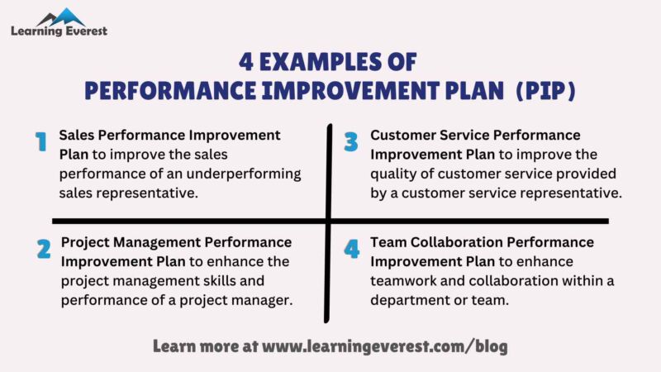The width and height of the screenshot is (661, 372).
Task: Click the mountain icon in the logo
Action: (59, 17)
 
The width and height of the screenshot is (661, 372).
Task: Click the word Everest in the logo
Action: (84, 31)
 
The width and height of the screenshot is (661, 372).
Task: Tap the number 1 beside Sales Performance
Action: (40, 143)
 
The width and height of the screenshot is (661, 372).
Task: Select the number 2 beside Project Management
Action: (43, 249)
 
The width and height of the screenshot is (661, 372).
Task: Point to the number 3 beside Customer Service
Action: (351, 142)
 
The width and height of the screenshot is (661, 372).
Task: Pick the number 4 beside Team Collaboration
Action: (352, 249)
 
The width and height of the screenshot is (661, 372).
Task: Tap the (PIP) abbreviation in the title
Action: (545, 89)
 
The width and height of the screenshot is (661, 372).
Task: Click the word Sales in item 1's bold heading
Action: (78, 135)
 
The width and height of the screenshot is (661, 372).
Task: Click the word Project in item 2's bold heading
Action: (87, 242)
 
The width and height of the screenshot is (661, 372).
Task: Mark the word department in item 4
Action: (410, 299)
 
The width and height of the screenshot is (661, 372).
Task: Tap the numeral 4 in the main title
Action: (245, 62)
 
